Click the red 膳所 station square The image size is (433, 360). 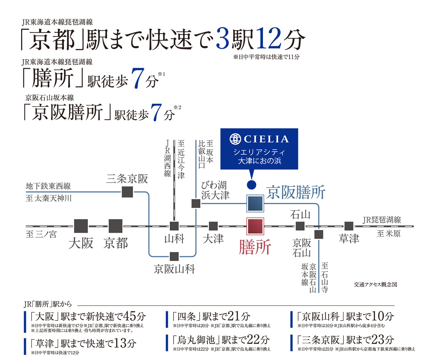pyautogui.click(x=255, y=226)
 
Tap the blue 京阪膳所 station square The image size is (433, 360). pyautogui.click(x=255, y=203)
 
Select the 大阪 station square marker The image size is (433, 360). pyautogui.click(x=81, y=226)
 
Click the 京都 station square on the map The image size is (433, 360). pyautogui.click(x=115, y=226)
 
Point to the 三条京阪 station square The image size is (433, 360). pyautogui.click(x=127, y=192)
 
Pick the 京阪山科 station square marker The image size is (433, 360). pyautogui.click(x=174, y=256)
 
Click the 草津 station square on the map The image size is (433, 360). pyautogui.click(x=349, y=226)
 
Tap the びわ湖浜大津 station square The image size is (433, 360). pyautogui.click(x=196, y=203)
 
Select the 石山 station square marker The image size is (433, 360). pyautogui.click(x=300, y=226)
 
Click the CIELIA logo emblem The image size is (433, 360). pyautogui.click(x=235, y=139)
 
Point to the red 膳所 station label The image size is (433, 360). pyautogui.click(x=255, y=247)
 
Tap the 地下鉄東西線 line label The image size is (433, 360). pyautogui.click(x=48, y=186)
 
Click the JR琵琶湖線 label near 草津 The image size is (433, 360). pyautogui.click(x=382, y=220)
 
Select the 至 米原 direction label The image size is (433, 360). pyautogui.click(x=388, y=233)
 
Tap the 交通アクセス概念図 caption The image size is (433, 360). pyautogui.click(x=375, y=284)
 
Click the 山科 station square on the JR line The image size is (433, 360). pyautogui.click(x=174, y=226)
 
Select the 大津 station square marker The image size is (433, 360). pyautogui.click(x=213, y=226)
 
